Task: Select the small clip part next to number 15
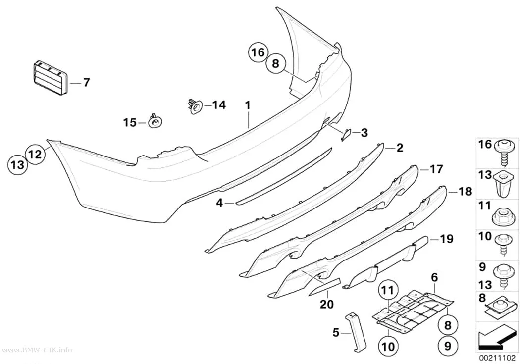click(155, 122)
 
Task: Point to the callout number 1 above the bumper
click(248, 106)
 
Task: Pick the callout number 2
click(399, 148)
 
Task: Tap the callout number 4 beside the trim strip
click(219, 203)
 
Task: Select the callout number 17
click(436, 169)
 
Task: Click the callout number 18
click(465, 191)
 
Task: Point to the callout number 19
click(446, 239)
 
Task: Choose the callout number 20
click(327, 304)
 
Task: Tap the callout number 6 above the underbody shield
click(434, 278)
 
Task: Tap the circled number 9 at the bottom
click(448, 346)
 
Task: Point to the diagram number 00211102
click(497, 358)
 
